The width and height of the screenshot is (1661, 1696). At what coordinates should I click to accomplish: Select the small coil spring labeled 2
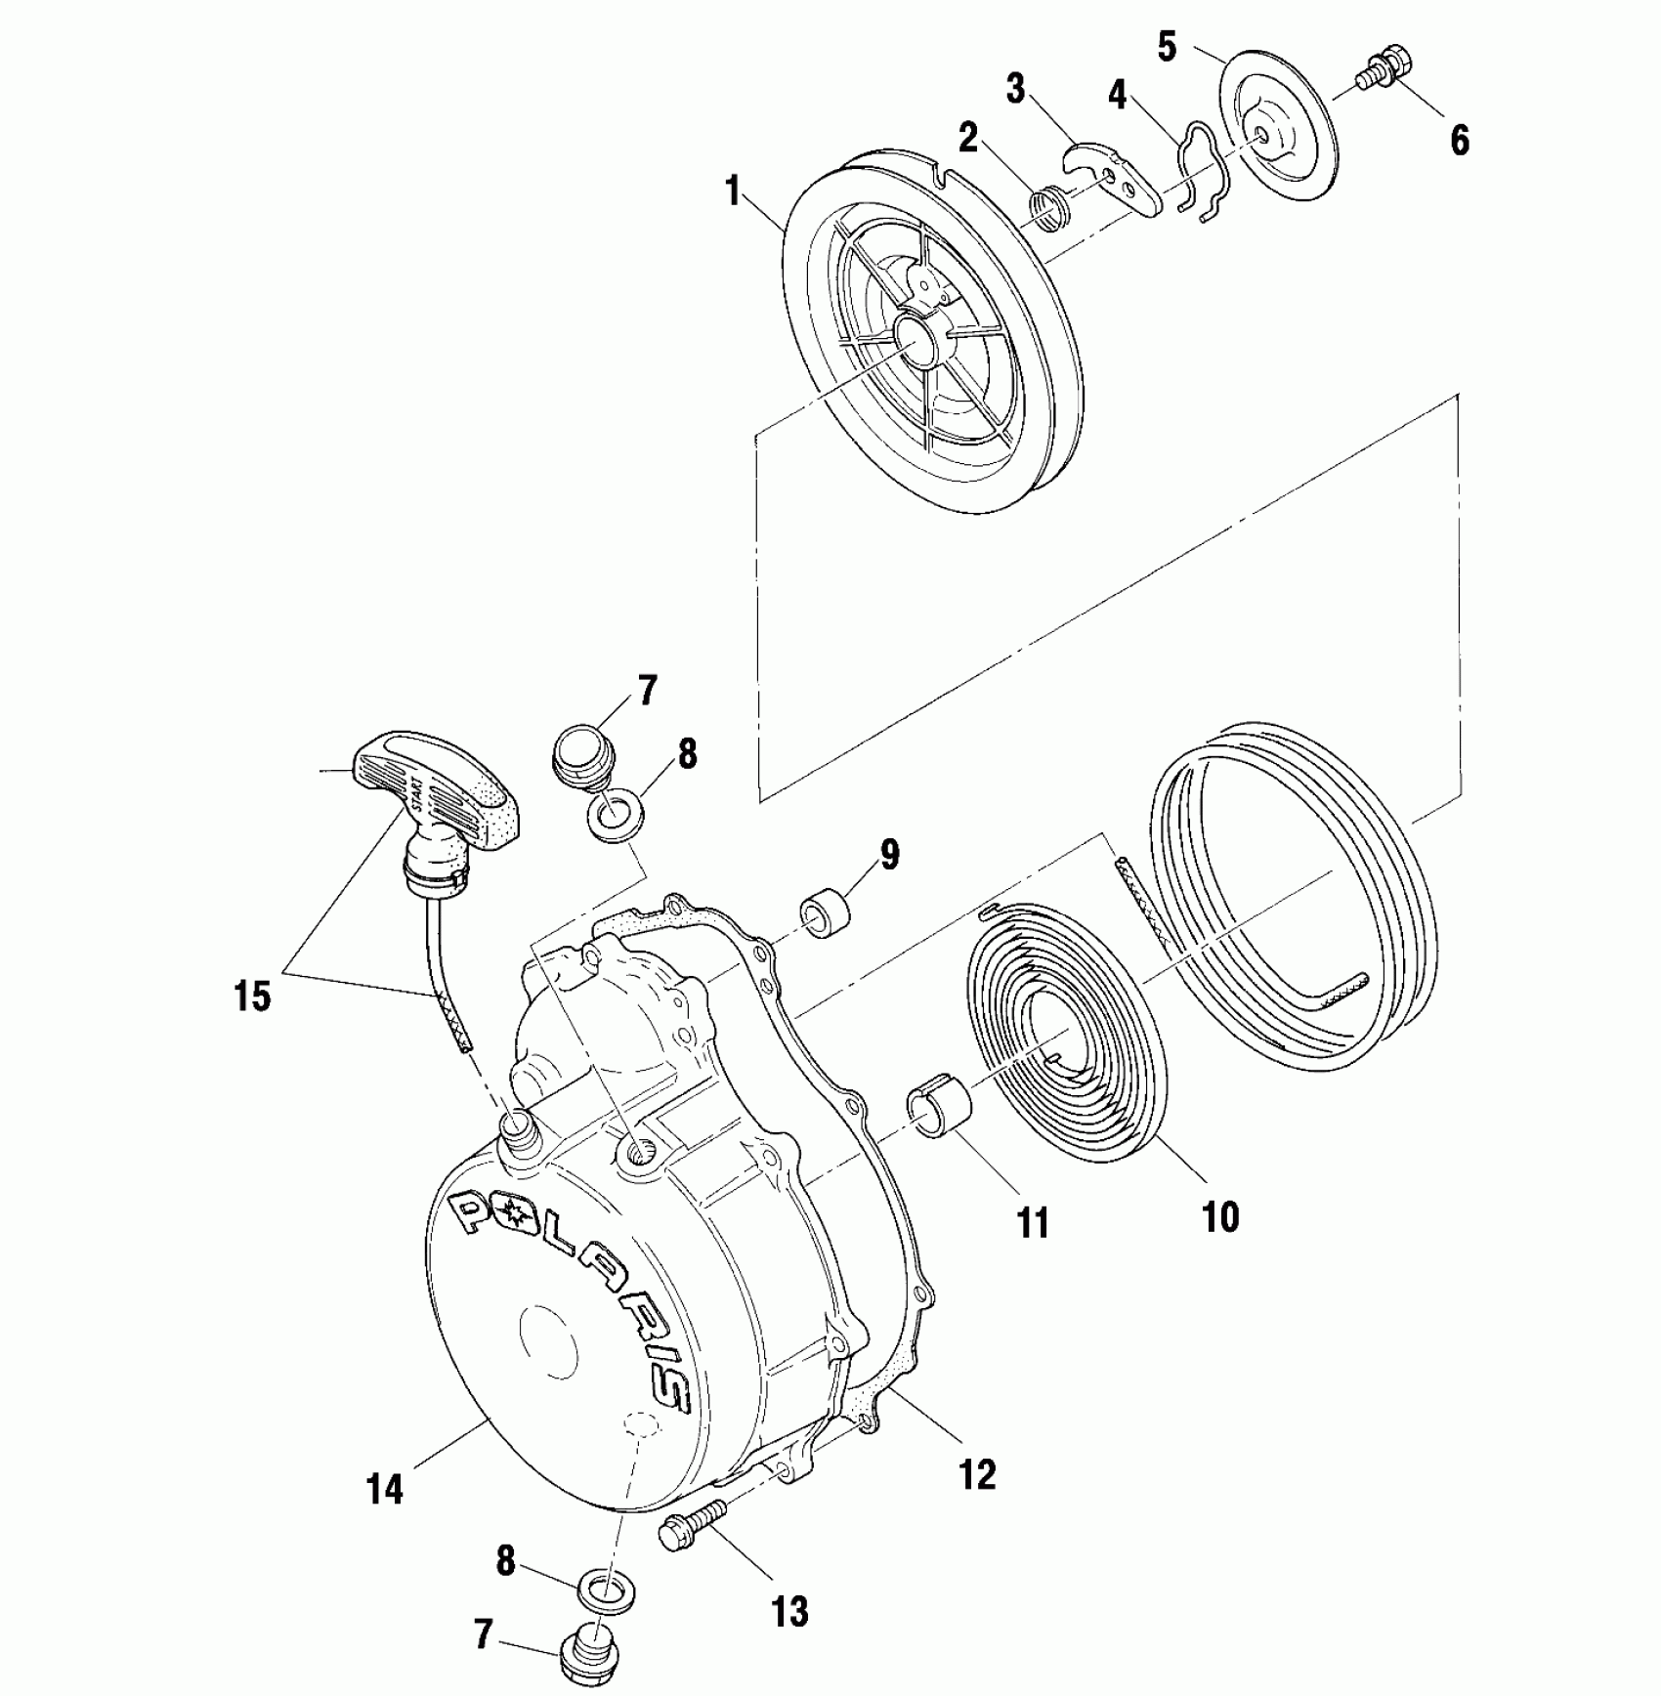click(1050, 211)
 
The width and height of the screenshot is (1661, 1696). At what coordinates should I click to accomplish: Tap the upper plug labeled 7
click(581, 750)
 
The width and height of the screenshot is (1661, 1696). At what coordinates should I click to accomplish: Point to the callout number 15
click(252, 997)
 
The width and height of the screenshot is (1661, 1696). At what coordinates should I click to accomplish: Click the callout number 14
click(384, 1518)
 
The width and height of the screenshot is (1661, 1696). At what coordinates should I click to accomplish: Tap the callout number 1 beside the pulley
click(733, 191)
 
